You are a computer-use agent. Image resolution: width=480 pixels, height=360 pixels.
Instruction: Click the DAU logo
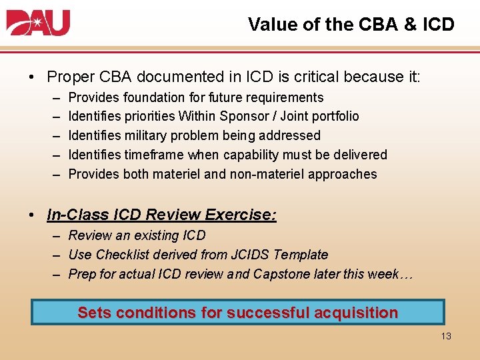click(x=38, y=23)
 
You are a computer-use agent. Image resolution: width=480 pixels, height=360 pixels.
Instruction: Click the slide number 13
click(x=446, y=336)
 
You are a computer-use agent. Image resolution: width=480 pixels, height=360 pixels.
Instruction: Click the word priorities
click(x=149, y=117)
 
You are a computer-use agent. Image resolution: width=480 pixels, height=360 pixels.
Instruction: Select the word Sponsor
click(x=247, y=117)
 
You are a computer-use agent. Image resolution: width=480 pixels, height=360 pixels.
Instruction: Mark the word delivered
click(x=361, y=155)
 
